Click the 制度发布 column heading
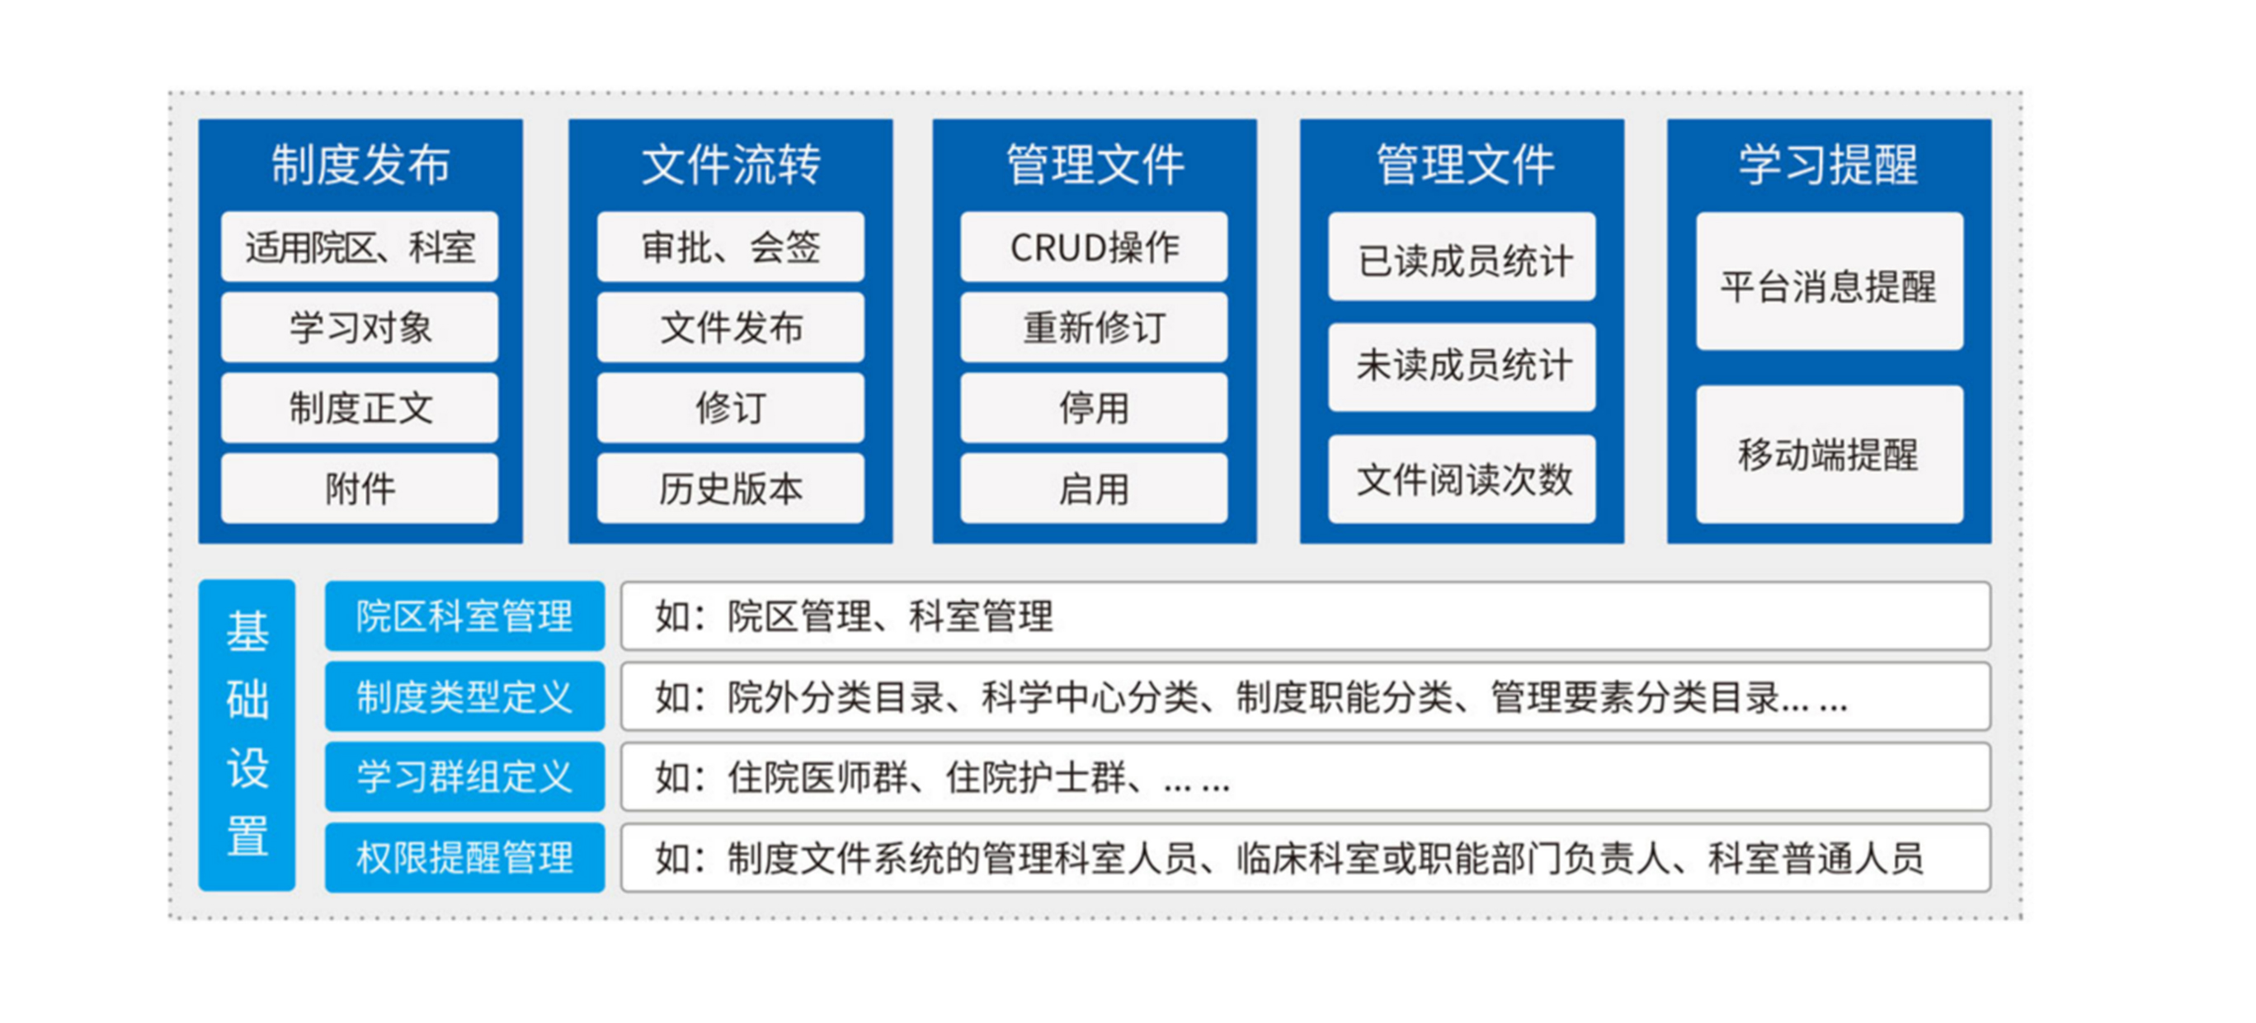pos(360,165)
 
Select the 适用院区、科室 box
pos(360,247)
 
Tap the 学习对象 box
pos(360,328)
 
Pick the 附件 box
pos(360,488)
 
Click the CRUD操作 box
pos(1094,247)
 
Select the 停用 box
pos(1094,408)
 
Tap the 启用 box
pos(1094,488)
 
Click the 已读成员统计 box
pos(1462,257)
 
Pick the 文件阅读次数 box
pos(1462,479)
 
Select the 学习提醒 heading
pos(1829,165)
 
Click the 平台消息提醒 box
pos(1830,282)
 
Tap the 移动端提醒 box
pos(1830,455)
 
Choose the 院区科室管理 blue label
pos(465,615)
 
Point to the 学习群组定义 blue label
pos(465,777)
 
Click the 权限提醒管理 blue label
pos(465,857)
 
